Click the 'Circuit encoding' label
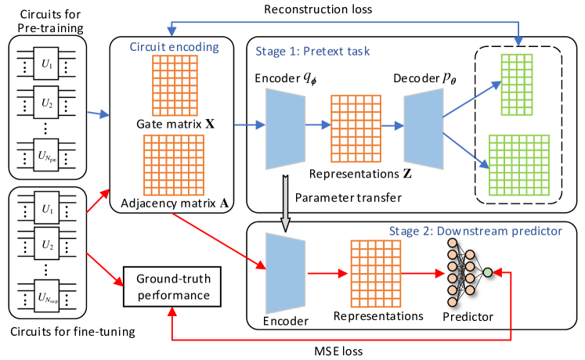tap(174, 47)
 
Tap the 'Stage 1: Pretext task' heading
tap(312, 52)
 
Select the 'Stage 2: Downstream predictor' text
tap(475, 231)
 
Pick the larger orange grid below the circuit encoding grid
tap(173, 165)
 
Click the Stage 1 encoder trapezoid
tap(286, 128)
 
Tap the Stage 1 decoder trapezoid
tap(424, 128)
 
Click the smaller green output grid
tap(517, 85)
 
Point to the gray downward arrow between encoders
tap(285, 203)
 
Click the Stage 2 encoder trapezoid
tap(286, 273)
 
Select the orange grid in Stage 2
tap(375, 273)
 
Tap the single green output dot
tap(488, 272)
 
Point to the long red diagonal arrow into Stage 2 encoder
tap(218, 239)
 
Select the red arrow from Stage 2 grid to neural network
tap(423, 273)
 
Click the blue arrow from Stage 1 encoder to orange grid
tap(317, 124)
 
